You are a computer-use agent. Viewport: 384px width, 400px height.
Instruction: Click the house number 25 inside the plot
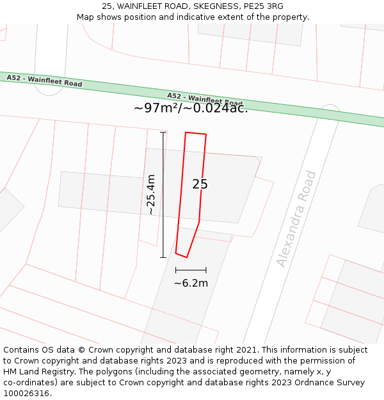click(200, 184)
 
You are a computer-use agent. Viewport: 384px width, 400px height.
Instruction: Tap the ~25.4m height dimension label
click(150, 195)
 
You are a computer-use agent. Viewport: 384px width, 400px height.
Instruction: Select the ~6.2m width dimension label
click(191, 283)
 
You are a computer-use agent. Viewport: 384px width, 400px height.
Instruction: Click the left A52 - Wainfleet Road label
click(44, 81)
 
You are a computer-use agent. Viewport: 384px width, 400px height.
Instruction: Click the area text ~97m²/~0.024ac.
click(191, 108)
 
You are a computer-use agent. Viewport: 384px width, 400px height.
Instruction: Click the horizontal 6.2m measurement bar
click(191, 270)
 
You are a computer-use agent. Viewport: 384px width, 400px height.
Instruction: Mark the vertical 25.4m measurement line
click(163, 195)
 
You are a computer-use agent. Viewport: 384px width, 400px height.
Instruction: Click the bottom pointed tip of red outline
click(186, 257)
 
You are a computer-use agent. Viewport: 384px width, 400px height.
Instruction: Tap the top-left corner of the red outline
click(186, 132)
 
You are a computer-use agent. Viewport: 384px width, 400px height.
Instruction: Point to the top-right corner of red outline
click(206, 134)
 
